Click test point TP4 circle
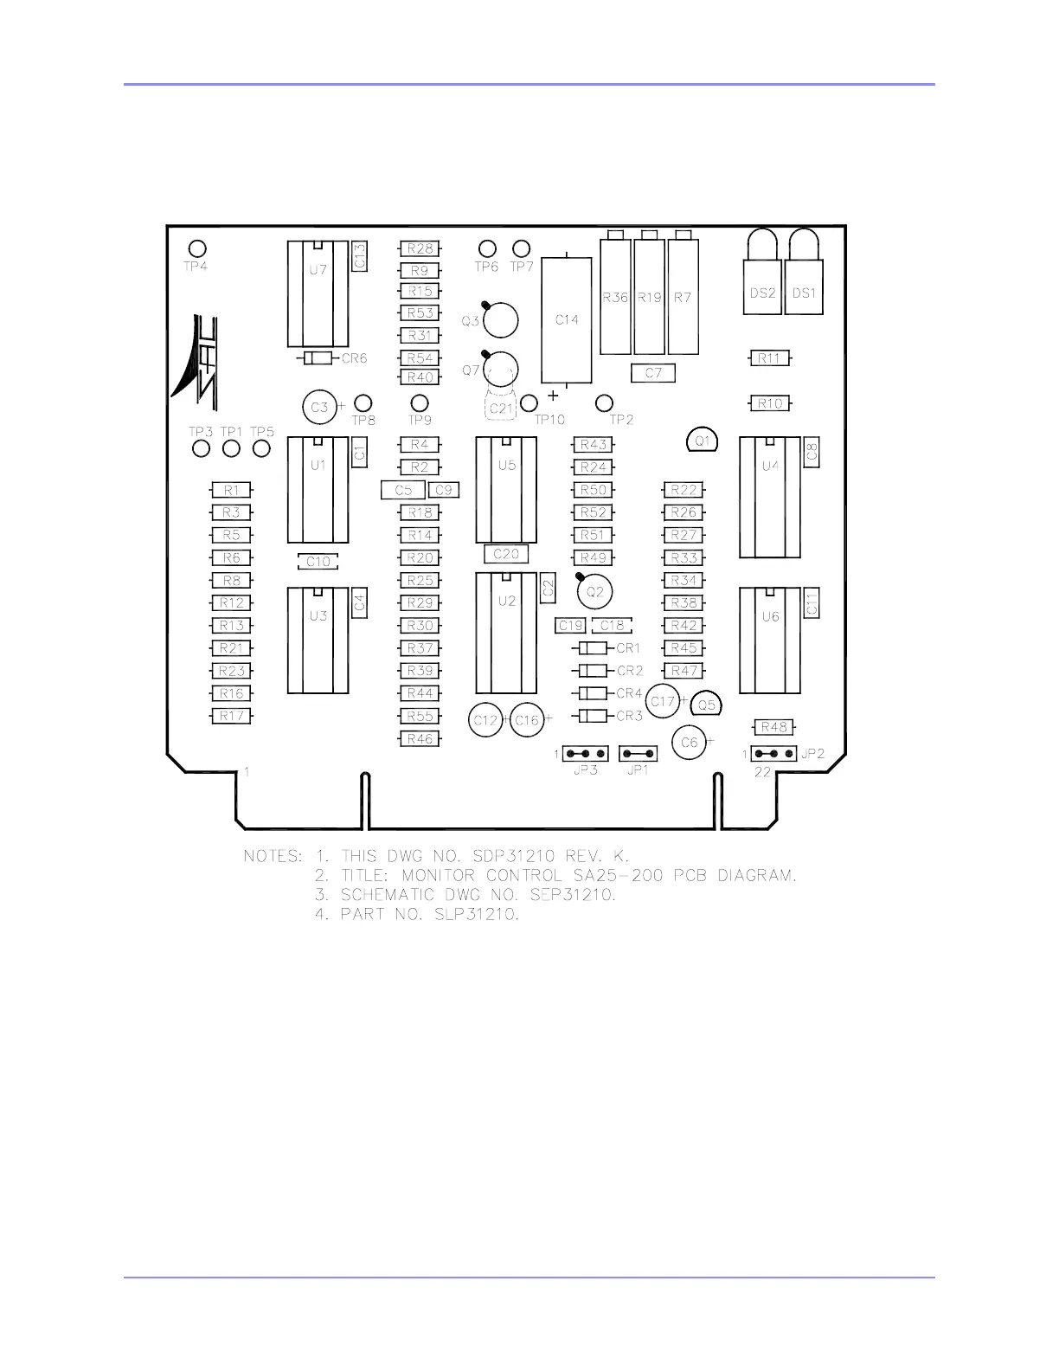[197, 248]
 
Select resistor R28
[420, 248]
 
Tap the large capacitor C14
[567, 320]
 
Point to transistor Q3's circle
[500, 321]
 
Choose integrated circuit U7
[318, 294]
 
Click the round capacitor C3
[319, 407]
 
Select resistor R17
[231, 716]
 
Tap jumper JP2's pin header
[773, 754]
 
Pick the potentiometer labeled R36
[615, 297]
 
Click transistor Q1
[703, 441]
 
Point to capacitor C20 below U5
[506, 554]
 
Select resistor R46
[420, 739]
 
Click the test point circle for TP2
[605, 402]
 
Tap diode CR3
[593, 716]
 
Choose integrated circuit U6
[770, 640]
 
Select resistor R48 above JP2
[774, 727]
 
